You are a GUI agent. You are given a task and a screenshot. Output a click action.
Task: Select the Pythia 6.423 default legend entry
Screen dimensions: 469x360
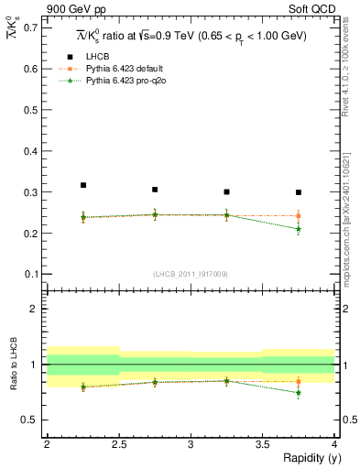125,69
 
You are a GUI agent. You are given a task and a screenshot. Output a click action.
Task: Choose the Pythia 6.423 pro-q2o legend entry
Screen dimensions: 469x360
125,81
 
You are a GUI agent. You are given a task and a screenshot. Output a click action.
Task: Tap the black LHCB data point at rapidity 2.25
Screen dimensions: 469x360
83,185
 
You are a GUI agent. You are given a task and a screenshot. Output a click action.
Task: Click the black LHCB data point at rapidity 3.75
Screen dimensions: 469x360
299,192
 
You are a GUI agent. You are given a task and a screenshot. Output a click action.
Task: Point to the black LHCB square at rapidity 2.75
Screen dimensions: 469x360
155,190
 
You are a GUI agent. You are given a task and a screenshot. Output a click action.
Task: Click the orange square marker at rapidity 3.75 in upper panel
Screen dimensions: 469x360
299,216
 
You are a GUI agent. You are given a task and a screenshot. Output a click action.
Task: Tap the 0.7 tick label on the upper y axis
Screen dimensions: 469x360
29,27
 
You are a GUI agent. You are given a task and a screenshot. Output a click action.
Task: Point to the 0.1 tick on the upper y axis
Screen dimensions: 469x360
29,274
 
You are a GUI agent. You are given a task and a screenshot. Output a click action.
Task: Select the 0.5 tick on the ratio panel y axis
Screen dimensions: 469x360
29,420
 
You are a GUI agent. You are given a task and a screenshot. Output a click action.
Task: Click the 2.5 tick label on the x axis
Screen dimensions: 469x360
118,444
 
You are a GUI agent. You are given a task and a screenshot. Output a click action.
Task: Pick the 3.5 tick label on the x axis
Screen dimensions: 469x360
262,444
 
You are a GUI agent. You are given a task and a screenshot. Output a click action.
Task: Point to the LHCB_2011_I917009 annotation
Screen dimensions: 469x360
191,274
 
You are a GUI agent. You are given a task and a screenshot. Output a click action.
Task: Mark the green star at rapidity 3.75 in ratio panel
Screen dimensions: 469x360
299,393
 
